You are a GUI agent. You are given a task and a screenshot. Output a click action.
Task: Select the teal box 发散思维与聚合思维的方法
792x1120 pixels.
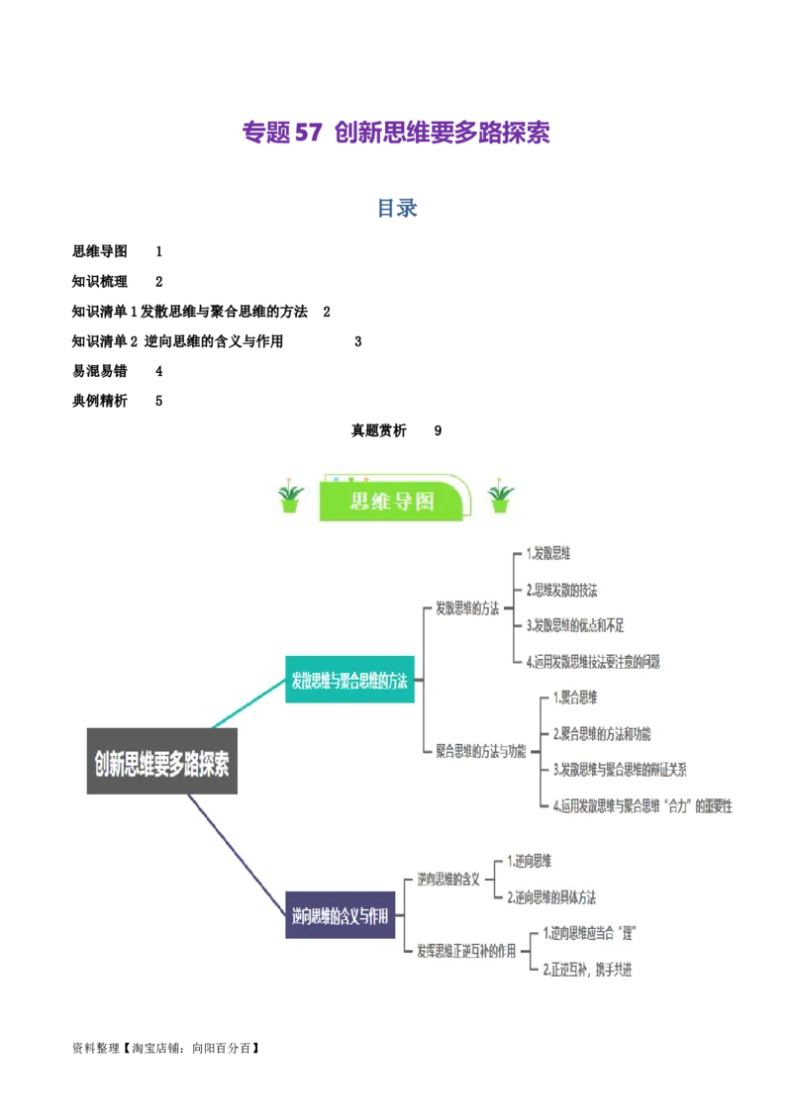[x=349, y=680]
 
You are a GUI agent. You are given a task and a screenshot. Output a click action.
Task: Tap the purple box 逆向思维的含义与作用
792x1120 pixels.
[x=340, y=916]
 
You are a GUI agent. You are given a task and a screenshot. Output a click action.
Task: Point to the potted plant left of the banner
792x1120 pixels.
[x=290, y=497]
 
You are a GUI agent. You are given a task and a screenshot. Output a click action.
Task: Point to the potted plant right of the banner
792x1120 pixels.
[x=500, y=497]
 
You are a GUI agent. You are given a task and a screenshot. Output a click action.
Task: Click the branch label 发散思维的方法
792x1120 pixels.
[x=467, y=608]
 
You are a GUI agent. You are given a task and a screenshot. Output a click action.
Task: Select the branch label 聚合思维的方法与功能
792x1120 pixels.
[x=480, y=750]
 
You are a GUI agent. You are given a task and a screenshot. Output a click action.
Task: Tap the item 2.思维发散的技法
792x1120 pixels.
[x=561, y=590]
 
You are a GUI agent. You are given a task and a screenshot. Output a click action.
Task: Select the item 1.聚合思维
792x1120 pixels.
[x=574, y=698]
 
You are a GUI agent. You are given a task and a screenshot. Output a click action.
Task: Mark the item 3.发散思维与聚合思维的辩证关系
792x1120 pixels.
[x=619, y=769]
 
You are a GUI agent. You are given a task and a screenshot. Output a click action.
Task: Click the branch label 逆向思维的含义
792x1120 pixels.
[x=447, y=879]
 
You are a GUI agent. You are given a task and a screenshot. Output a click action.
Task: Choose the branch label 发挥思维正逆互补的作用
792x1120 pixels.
[x=465, y=951]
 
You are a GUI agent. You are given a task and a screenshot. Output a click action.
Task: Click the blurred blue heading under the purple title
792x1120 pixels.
[x=396, y=209]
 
